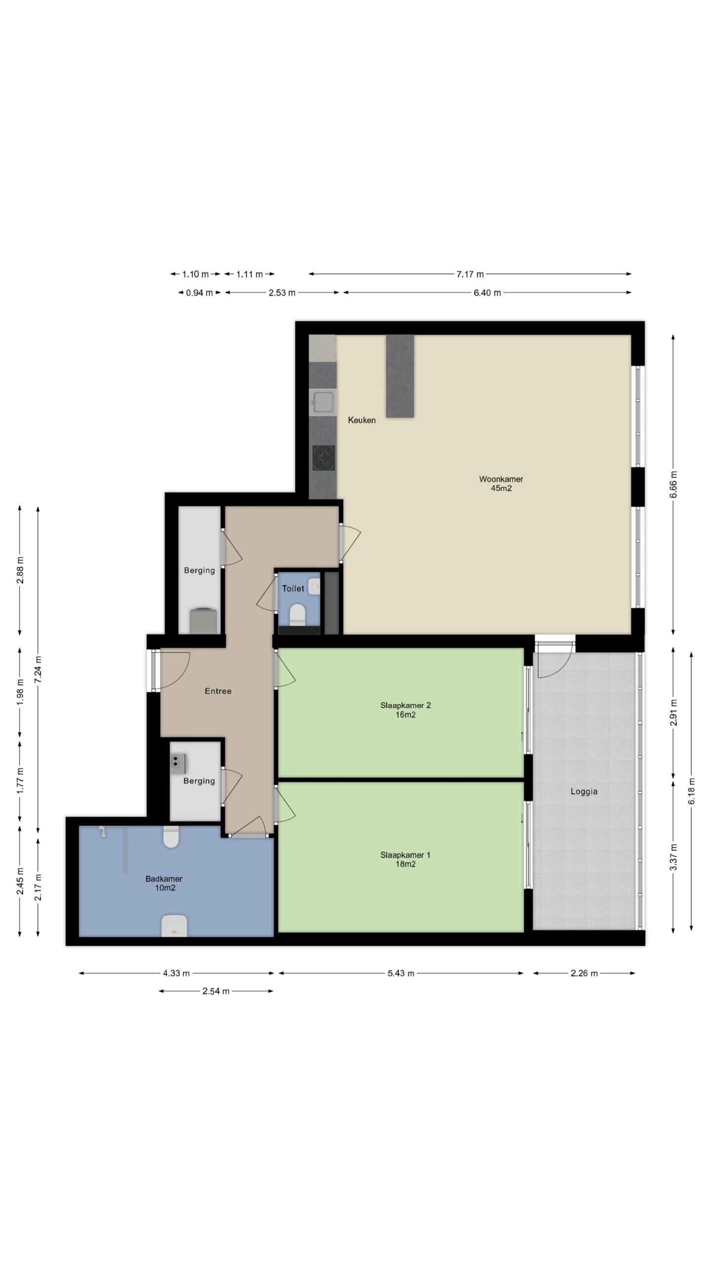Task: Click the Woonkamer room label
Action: coord(501,479)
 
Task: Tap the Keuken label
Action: coord(361,420)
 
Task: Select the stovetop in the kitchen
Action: coord(323,458)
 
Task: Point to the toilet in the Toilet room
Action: coord(297,614)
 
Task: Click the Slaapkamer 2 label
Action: coord(405,705)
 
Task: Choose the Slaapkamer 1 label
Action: coord(405,855)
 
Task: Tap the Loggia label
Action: coord(584,791)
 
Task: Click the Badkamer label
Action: coord(164,879)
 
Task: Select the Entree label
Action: coord(218,691)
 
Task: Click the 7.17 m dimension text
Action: coord(470,274)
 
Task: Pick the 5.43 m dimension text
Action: coord(401,973)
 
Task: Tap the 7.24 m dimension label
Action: coord(38,670)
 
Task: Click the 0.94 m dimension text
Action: coord(199,293)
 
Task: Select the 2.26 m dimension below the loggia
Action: coord(584,973)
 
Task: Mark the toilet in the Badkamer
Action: coord(171,837)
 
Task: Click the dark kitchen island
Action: coord(400,376)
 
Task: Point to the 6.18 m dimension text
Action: coord(692,791)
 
